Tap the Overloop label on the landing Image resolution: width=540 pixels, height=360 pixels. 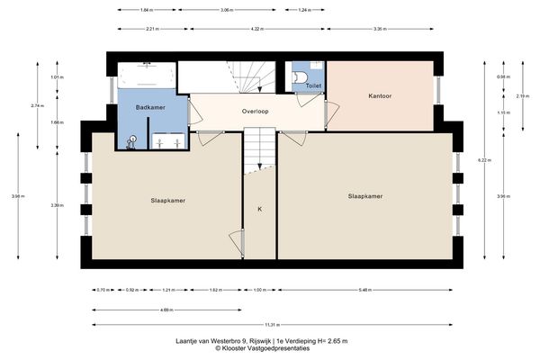click(x=257, y=112)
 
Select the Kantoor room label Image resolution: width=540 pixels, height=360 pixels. click(x=380, y=95)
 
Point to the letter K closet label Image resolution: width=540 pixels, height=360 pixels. click(x=260, y=209)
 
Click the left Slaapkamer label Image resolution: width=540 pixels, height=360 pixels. click(x=168, y=200)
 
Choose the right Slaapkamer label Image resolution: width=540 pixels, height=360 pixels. click(x=364, y=195)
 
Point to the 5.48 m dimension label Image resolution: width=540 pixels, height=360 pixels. click(x=364, y=290)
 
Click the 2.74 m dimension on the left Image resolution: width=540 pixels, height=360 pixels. click(x=37, y=106)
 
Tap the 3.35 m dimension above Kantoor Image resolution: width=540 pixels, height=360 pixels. click(x=379, y=29)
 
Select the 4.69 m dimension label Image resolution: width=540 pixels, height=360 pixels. click(x=166, y=310)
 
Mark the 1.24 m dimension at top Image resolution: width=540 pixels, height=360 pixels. click(x=304, y=10)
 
